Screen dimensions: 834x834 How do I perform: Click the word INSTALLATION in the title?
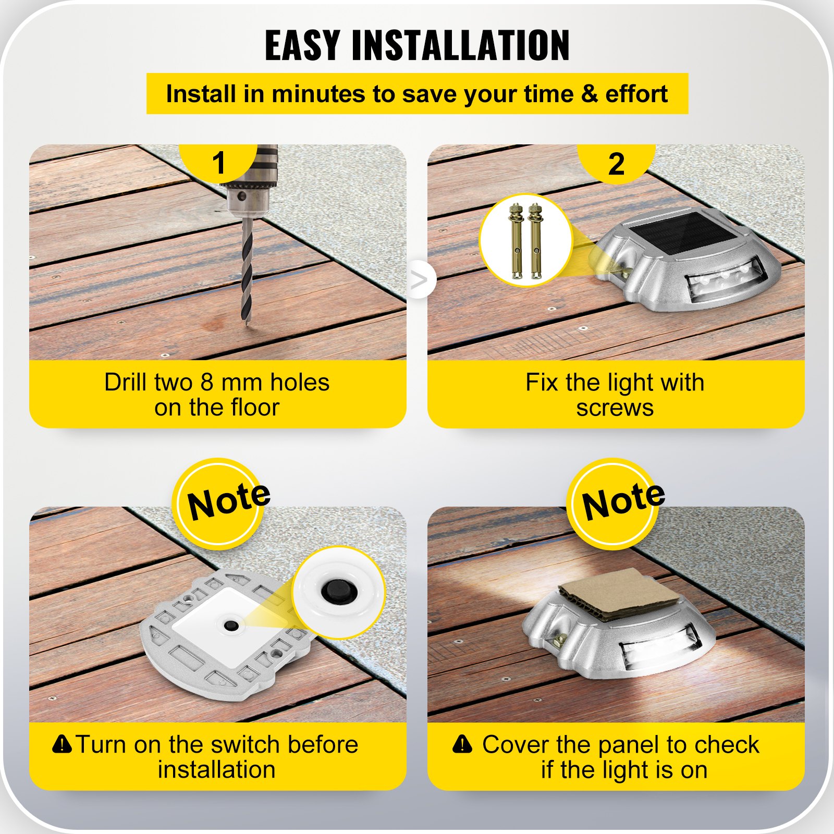[x=461, y=46]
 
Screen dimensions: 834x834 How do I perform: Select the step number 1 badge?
[x=218, y=163]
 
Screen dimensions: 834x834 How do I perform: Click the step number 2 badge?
[x=616, y=164]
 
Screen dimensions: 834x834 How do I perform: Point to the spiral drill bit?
[x=247, y=271]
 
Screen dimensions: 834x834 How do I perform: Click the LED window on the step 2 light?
[x=727, y=279]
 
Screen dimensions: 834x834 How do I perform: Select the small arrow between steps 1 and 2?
[x=419, y=280]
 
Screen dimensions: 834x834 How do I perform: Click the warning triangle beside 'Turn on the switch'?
[x=62, y=744]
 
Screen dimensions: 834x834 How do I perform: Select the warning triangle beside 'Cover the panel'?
[x=462, y=744]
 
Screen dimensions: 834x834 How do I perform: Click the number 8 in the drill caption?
[x=207, y=383]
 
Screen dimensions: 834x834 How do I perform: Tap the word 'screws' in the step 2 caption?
[x=615, y=408]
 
